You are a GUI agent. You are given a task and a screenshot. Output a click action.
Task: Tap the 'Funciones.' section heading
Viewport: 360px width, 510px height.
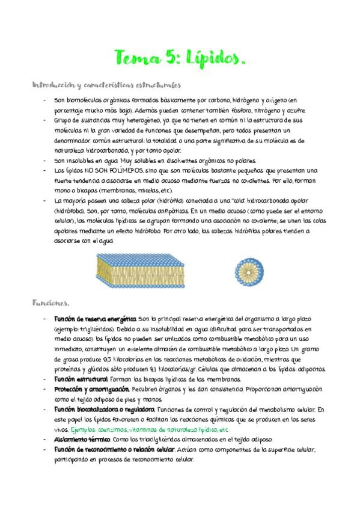pos(51,302)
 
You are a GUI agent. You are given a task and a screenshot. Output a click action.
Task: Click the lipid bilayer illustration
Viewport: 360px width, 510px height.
pos(153,269)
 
